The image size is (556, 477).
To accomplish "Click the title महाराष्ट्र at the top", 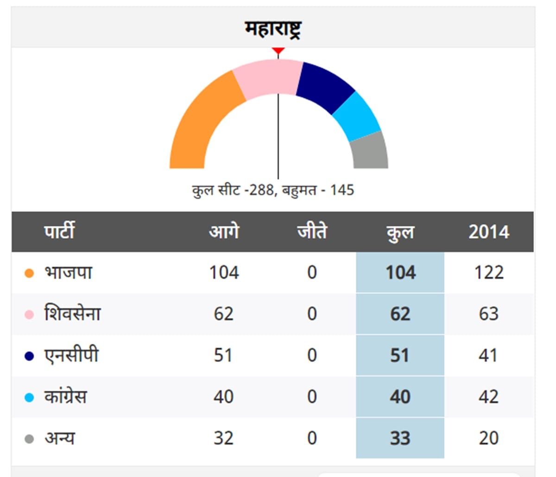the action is tap(273, 29).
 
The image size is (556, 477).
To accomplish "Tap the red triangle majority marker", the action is tap(278, 51).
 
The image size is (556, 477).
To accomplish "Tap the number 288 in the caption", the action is tap(261, 191).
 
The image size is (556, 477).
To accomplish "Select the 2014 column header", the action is tap(489, 232).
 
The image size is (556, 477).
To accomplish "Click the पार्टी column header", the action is tap(59, 231).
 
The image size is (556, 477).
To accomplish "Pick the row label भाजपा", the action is tap(68, 272).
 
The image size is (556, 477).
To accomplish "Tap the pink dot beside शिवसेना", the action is tap(29, 314).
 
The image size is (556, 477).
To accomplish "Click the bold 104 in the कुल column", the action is tap(400, 273).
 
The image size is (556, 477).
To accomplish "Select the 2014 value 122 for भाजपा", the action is tap(489, 273).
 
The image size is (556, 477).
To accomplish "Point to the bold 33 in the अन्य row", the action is tap(400, 438).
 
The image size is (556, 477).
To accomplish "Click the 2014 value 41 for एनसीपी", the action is tap(488, 356).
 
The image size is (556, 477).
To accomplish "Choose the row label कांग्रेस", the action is tap(66, 396).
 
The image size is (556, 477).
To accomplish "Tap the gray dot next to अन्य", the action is tap(29, 439).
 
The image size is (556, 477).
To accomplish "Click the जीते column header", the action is tap(312, 231).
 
